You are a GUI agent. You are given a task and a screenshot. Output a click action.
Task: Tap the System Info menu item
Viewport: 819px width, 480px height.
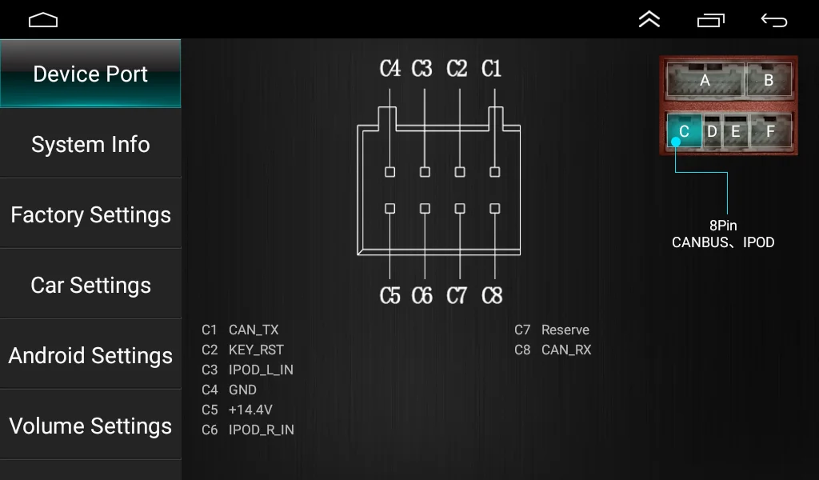click(x=90, y=144)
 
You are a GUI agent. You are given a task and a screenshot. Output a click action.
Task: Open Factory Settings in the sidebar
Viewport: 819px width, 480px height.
click(x=90, y=214)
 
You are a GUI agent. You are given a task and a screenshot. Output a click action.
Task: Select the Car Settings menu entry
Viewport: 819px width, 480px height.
click(x=90, y=285)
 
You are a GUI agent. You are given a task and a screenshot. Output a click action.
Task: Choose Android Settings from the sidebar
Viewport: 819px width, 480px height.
click(x=90, y=355)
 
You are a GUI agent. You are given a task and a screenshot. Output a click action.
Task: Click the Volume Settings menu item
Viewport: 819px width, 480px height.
click(x=90, y=426)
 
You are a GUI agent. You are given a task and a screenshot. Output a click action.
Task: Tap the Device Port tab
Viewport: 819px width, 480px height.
click(x=90, y=74)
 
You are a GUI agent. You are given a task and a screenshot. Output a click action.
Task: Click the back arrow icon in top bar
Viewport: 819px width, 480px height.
click(x=773, y=20)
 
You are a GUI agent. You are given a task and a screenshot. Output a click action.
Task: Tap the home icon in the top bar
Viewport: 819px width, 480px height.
click(x=43, y=20)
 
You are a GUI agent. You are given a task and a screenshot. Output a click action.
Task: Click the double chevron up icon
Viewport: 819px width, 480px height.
click(x=649, y=20)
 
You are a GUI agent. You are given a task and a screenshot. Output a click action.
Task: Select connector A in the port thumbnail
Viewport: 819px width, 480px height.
click(x=705, y=80)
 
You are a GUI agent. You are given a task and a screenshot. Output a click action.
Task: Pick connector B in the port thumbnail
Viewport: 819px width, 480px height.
click(x=769, y=80)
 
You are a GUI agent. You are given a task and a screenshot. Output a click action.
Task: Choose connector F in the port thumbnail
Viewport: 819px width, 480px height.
click(x=770, y=130)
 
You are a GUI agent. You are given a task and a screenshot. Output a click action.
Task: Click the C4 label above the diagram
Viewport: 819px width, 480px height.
click(x=390, y=69)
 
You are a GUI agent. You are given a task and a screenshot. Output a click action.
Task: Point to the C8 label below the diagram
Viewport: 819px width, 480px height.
click(x=492, y=296)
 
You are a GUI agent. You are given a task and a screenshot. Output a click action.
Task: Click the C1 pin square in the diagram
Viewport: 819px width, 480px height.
click(x=495, y=172)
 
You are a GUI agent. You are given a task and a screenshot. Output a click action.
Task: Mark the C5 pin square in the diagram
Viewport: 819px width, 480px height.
click(x=390, y=208)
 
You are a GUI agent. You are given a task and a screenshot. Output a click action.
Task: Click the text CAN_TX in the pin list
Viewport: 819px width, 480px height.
click(x=254, y=330)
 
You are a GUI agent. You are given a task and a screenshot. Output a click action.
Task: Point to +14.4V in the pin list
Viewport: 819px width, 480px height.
click(x=250, y=410)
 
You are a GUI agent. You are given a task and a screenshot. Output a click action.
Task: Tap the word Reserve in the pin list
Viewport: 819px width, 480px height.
click(x=565, y=330)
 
